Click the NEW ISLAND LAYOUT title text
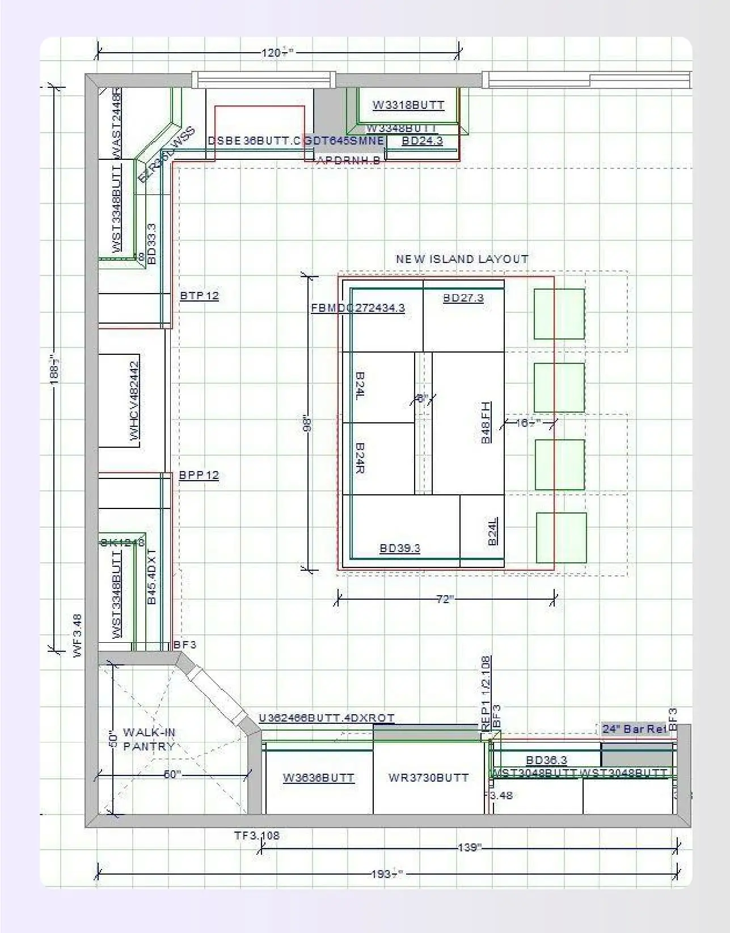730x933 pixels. click(462, 259)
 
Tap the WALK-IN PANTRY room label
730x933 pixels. click(149, 739)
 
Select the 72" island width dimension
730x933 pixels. click(445, 599)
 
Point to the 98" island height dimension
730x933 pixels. click(307, 424)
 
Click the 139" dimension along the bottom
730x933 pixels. click(469, 847)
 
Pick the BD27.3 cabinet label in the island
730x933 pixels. click(463, 298)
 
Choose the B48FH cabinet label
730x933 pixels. click(486, 422)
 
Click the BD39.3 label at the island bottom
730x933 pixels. click(399, 548)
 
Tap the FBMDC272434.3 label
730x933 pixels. click(358, 308)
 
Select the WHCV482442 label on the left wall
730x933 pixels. click(134, 401)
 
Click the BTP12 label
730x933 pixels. click(199, 295)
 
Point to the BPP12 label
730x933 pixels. click(199, 475)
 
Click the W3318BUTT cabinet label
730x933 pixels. click(408, 105)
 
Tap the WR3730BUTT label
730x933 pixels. click(428, 777)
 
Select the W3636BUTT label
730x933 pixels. click(318, 778)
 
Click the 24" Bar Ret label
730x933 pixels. click(634, 728)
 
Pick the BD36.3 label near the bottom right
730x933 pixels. click(546, 760)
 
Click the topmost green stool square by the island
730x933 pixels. click(559, 314)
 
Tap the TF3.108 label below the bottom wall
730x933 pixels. click(256, 835)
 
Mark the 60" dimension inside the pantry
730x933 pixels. click(172, 774)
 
